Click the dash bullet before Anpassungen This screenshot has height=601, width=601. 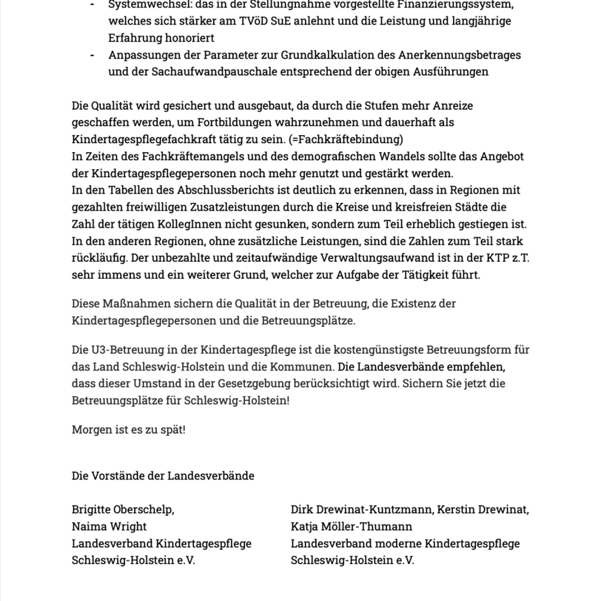pos(92,55)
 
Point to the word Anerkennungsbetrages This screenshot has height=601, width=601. pos(459,55)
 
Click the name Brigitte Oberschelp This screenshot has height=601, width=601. pos(122,510)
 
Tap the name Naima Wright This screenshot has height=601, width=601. pos(109,527)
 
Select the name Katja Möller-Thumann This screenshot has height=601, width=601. pos(351,527)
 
